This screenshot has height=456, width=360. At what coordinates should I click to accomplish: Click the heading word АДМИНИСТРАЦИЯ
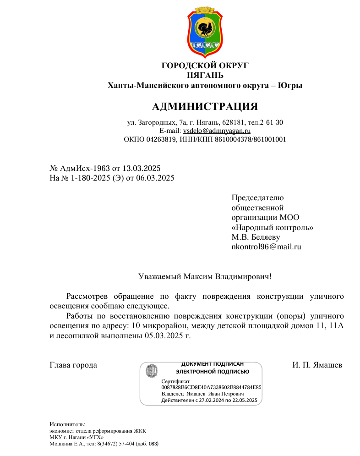205,107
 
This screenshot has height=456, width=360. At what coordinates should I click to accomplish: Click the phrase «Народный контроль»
273,227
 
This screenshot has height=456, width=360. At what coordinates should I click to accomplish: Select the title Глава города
73,365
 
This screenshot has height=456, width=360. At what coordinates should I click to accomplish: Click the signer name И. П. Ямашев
317,365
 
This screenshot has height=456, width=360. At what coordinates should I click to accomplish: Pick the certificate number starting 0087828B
211,387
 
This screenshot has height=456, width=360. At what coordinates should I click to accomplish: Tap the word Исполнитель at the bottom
64,425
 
